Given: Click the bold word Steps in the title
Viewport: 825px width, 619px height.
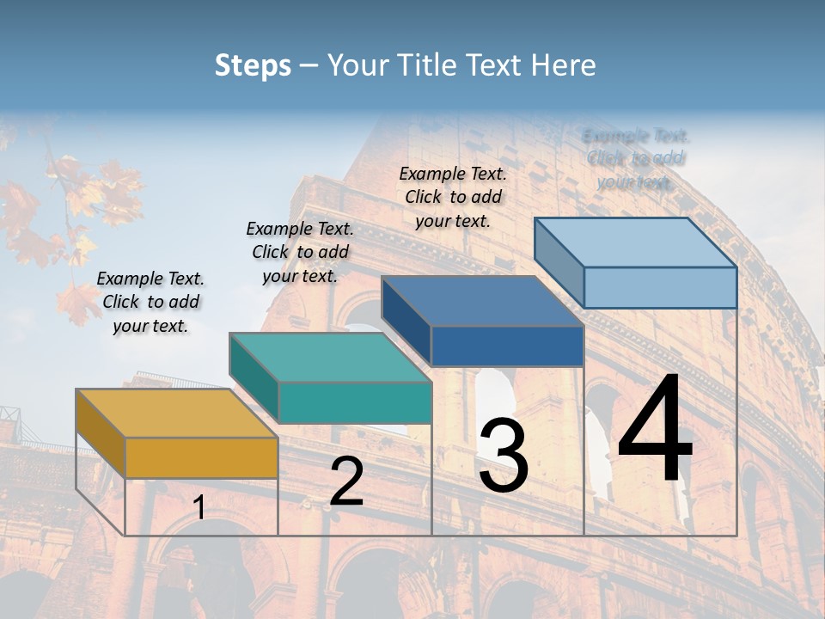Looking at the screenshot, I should click(x=252, y=65).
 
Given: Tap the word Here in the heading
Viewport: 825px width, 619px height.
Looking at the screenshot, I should click(x=563, y=65).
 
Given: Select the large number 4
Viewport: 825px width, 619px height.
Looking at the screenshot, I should click(x=655, y=430).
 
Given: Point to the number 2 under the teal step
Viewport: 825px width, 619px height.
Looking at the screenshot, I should click(x=346, y=482).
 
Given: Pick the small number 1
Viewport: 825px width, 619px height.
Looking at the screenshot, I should click(x=199, y=508).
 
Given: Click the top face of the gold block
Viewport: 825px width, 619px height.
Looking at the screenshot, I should click(x=176, y=413).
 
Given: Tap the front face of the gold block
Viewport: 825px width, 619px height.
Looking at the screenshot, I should click(x=201, y=457).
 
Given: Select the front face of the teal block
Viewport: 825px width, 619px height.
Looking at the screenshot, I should click(x=354, y=402).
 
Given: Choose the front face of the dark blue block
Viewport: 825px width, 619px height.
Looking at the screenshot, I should click(x=507, y=346).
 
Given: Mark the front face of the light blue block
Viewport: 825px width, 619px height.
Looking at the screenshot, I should click(x=660, y=287).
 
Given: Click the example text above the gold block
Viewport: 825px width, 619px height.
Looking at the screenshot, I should click(x=150, y=302).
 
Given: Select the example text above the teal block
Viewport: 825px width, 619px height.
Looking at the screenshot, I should click(x=300, y=252).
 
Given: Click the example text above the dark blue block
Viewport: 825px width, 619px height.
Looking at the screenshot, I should click(x=453, y=197).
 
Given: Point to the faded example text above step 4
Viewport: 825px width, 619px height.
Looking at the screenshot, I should click(x=635, y=158).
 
